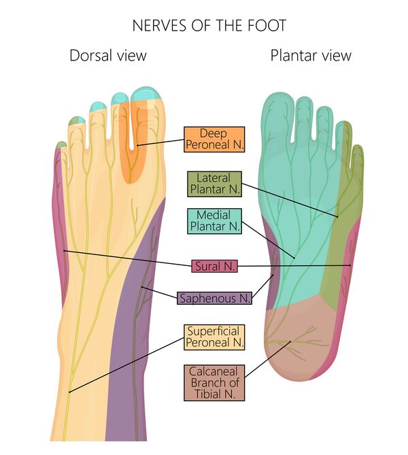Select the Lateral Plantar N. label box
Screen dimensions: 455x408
tap(213, 184)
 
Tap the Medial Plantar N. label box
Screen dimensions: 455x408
tap(213, 221)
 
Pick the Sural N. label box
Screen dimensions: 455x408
tap(214, 266)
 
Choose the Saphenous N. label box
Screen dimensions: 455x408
tap(214, 298)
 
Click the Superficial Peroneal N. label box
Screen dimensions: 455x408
tap(214, 337)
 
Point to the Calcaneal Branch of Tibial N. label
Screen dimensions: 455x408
tap(214, 382)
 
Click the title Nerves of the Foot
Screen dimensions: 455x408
tap(209, 26)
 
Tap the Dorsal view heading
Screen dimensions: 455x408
tap(107, 55)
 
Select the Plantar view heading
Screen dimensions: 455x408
tap(311, 55)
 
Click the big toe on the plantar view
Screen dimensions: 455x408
tap(279, 116)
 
